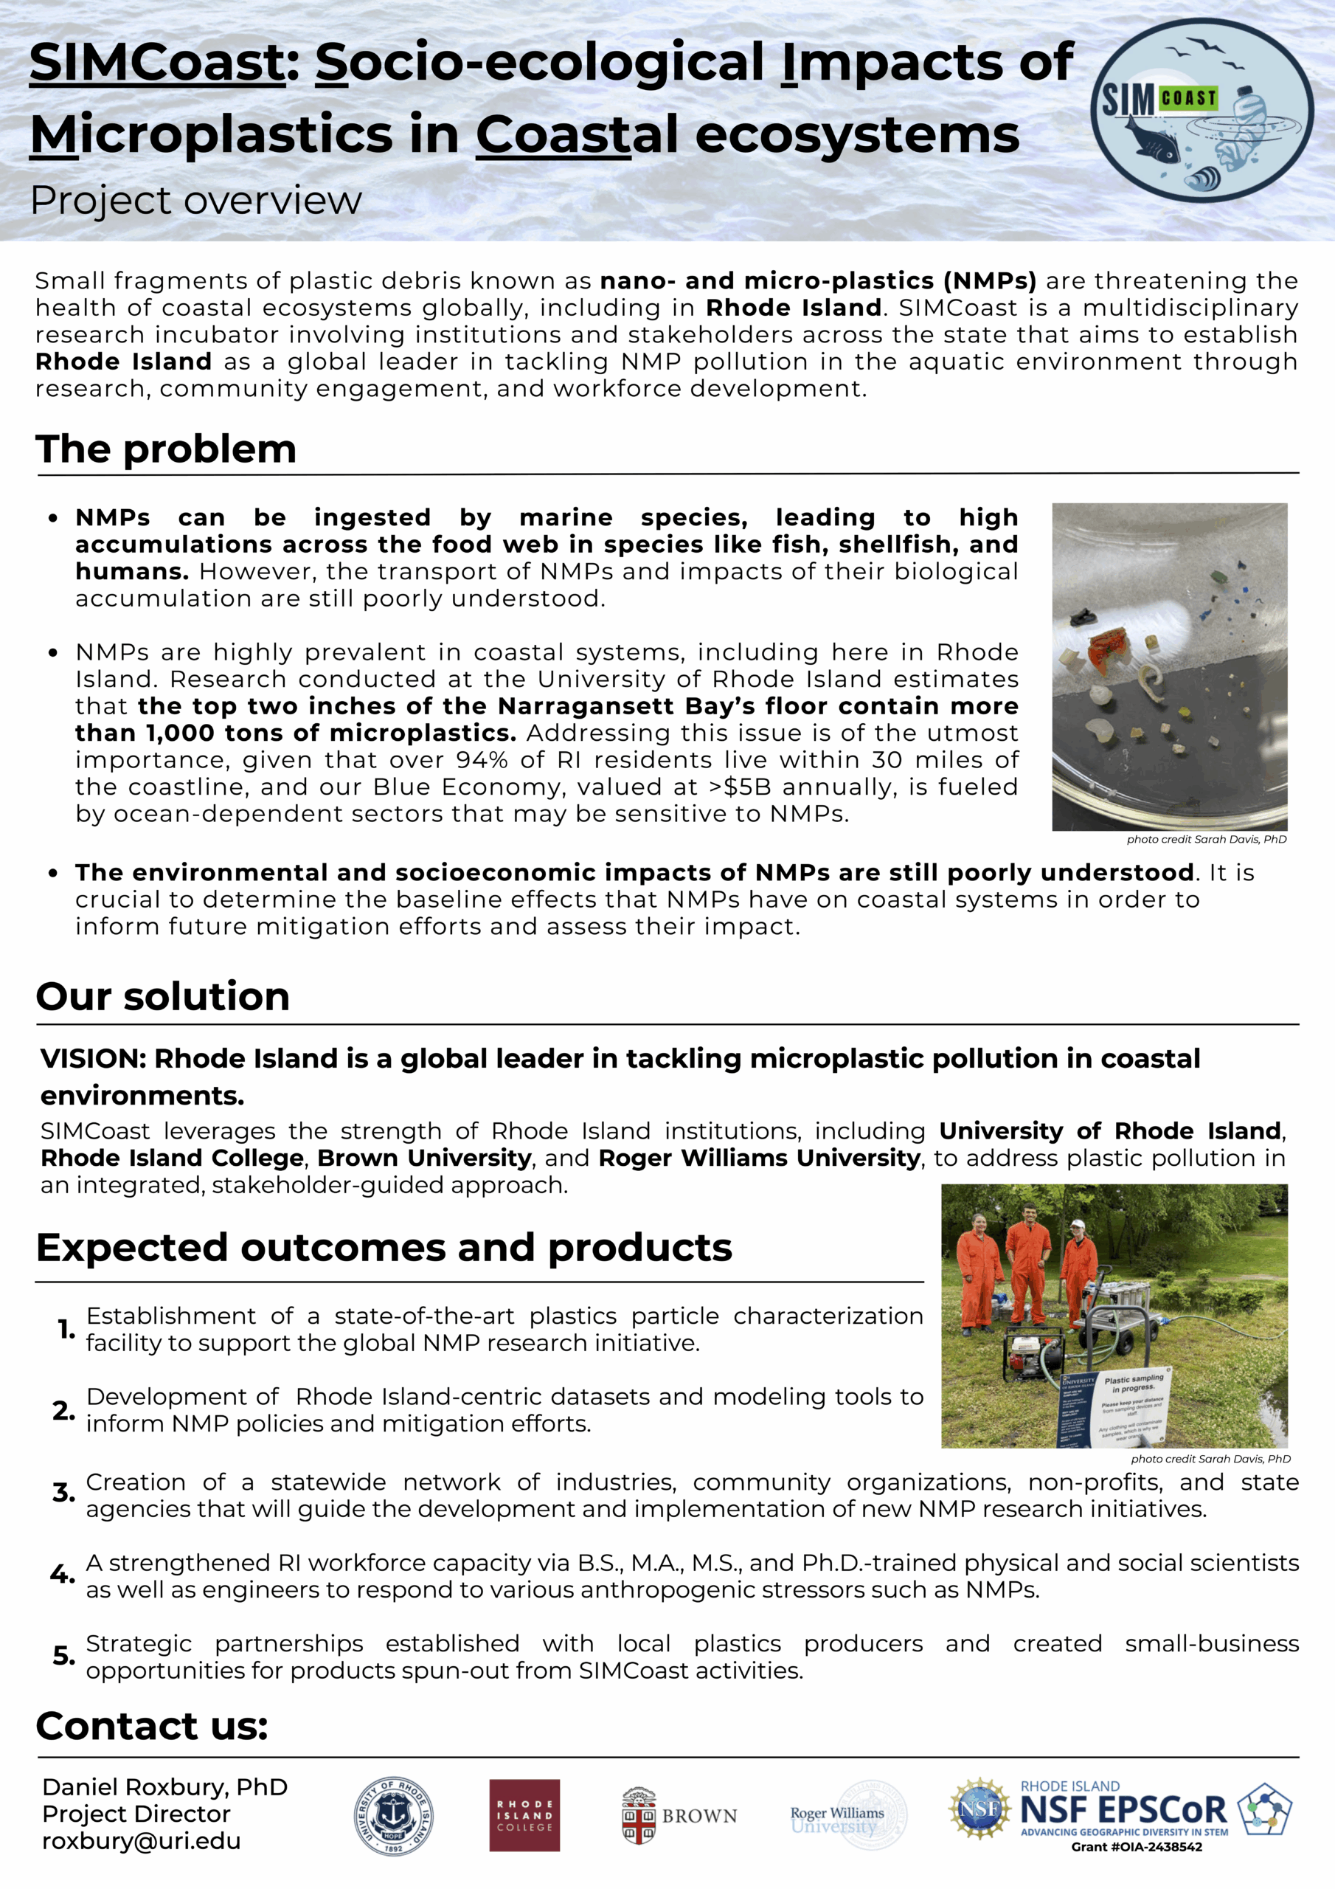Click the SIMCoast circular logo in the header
(x=1201, y=110)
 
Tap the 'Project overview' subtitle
(x=195, y=200)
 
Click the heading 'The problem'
(x=165, y=449)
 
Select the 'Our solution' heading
(x=163, y=996)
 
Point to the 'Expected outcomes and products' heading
(x=384, y=1247)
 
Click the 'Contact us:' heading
(x=152, y=1725)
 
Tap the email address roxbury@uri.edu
(x=142, y=1840)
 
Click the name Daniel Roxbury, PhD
(x=164, y=1787)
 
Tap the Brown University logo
(x=679, y=1815)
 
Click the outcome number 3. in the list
(x=63, y=1493)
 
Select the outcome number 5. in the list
(x=63, y=1654)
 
